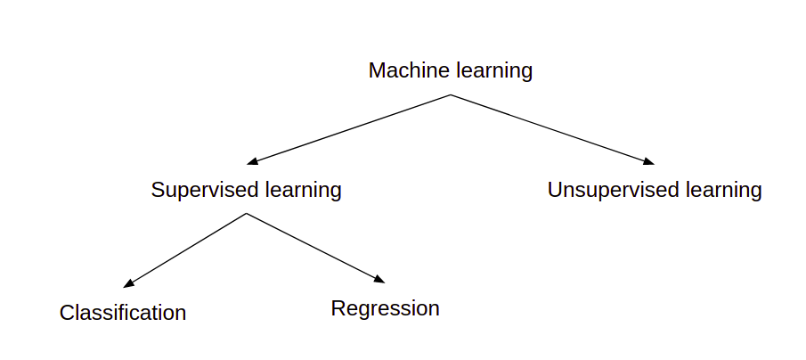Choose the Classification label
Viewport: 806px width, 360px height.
[123, 313]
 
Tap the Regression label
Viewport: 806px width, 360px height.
[386, 309]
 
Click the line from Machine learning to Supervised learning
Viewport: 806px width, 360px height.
[349, 129]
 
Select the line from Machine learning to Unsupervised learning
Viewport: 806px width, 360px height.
[552, 129]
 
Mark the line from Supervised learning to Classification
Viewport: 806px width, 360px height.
[185, 250]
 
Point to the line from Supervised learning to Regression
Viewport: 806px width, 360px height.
[315, 248]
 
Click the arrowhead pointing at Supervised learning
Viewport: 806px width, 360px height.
[252, 161]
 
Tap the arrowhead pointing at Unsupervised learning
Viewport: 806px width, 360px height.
[648, 161]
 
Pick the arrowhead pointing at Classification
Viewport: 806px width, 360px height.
[128, 284]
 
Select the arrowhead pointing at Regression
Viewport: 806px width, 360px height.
[380, 280]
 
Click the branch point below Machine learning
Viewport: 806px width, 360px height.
[451, 94]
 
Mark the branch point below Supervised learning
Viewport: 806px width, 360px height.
[247, 214]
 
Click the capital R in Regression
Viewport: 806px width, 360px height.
[338, 308]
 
